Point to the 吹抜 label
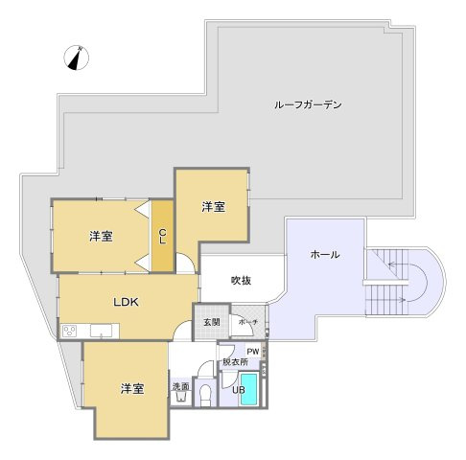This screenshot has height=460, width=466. [242, 280]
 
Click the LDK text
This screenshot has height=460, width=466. [127, 302]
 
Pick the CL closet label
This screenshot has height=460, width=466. [163, 235]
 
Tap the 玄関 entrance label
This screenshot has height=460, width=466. [211, 322]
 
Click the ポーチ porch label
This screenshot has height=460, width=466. [247, 322]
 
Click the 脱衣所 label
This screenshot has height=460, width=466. [235, 363]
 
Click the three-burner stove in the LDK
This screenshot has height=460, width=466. [70, 331]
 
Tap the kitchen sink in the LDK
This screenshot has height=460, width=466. [103, 332]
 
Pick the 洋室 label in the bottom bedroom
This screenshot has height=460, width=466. [132, 388]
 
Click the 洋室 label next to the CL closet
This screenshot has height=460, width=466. [101, 236]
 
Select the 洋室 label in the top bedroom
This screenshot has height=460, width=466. [213, 206]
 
